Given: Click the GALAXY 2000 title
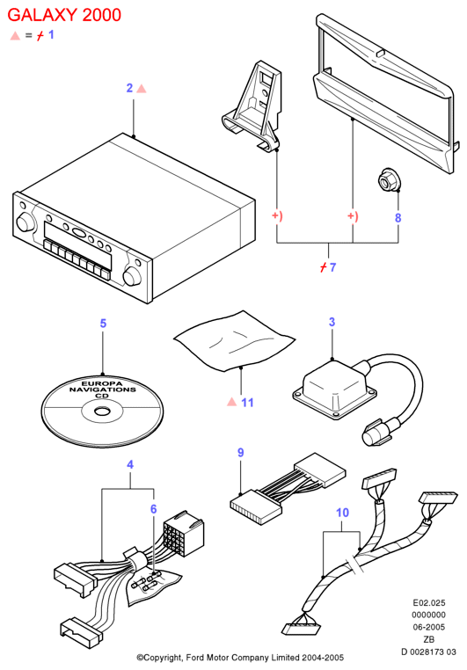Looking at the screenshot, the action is (x=64, y=15).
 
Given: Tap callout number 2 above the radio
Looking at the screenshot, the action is (x=130, y=88).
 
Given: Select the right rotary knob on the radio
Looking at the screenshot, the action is (x=131, y=276).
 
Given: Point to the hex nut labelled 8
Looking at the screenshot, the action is (x=390, y=182).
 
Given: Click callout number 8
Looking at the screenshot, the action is (x=398, y=217).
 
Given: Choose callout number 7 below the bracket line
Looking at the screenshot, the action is (x=332, y=267).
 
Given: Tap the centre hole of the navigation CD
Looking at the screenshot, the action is (x=102, y=411).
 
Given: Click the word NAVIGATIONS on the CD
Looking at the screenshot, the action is (x=103, y=390).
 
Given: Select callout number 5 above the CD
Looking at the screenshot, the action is (x=103, y=323).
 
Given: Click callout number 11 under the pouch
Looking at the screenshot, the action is (x=247, y=403).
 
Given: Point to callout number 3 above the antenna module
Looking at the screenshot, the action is (x=332, y=322).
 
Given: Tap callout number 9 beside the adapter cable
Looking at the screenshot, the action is (x=241, y=453).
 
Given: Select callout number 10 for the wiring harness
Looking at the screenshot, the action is (x=342, y=513).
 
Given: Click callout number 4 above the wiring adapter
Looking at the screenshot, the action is (x=130, y=464).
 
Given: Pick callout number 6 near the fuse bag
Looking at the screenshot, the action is (x=153, y=509).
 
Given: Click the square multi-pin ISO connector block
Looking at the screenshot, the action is (x=184, y=534).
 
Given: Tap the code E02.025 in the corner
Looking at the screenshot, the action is (x=429, y=603).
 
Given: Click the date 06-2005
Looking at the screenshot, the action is (x=428, y=627).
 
